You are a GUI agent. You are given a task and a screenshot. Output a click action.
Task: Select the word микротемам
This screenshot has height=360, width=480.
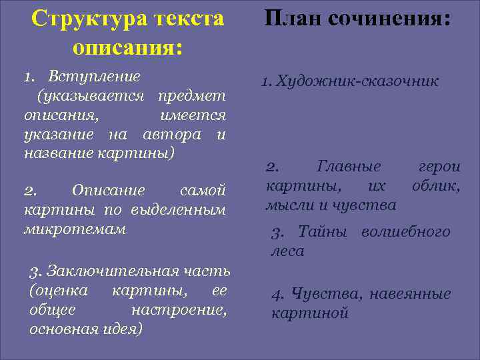coord(74,229)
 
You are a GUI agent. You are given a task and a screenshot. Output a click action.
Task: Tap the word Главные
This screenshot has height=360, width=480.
coord(349,166)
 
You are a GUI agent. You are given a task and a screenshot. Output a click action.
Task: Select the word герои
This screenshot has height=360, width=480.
coord(439,166)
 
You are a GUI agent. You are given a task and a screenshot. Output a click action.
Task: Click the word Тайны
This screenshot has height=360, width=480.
coord(323,232)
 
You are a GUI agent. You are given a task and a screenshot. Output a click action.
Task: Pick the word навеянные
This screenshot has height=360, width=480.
coord(410,293)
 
